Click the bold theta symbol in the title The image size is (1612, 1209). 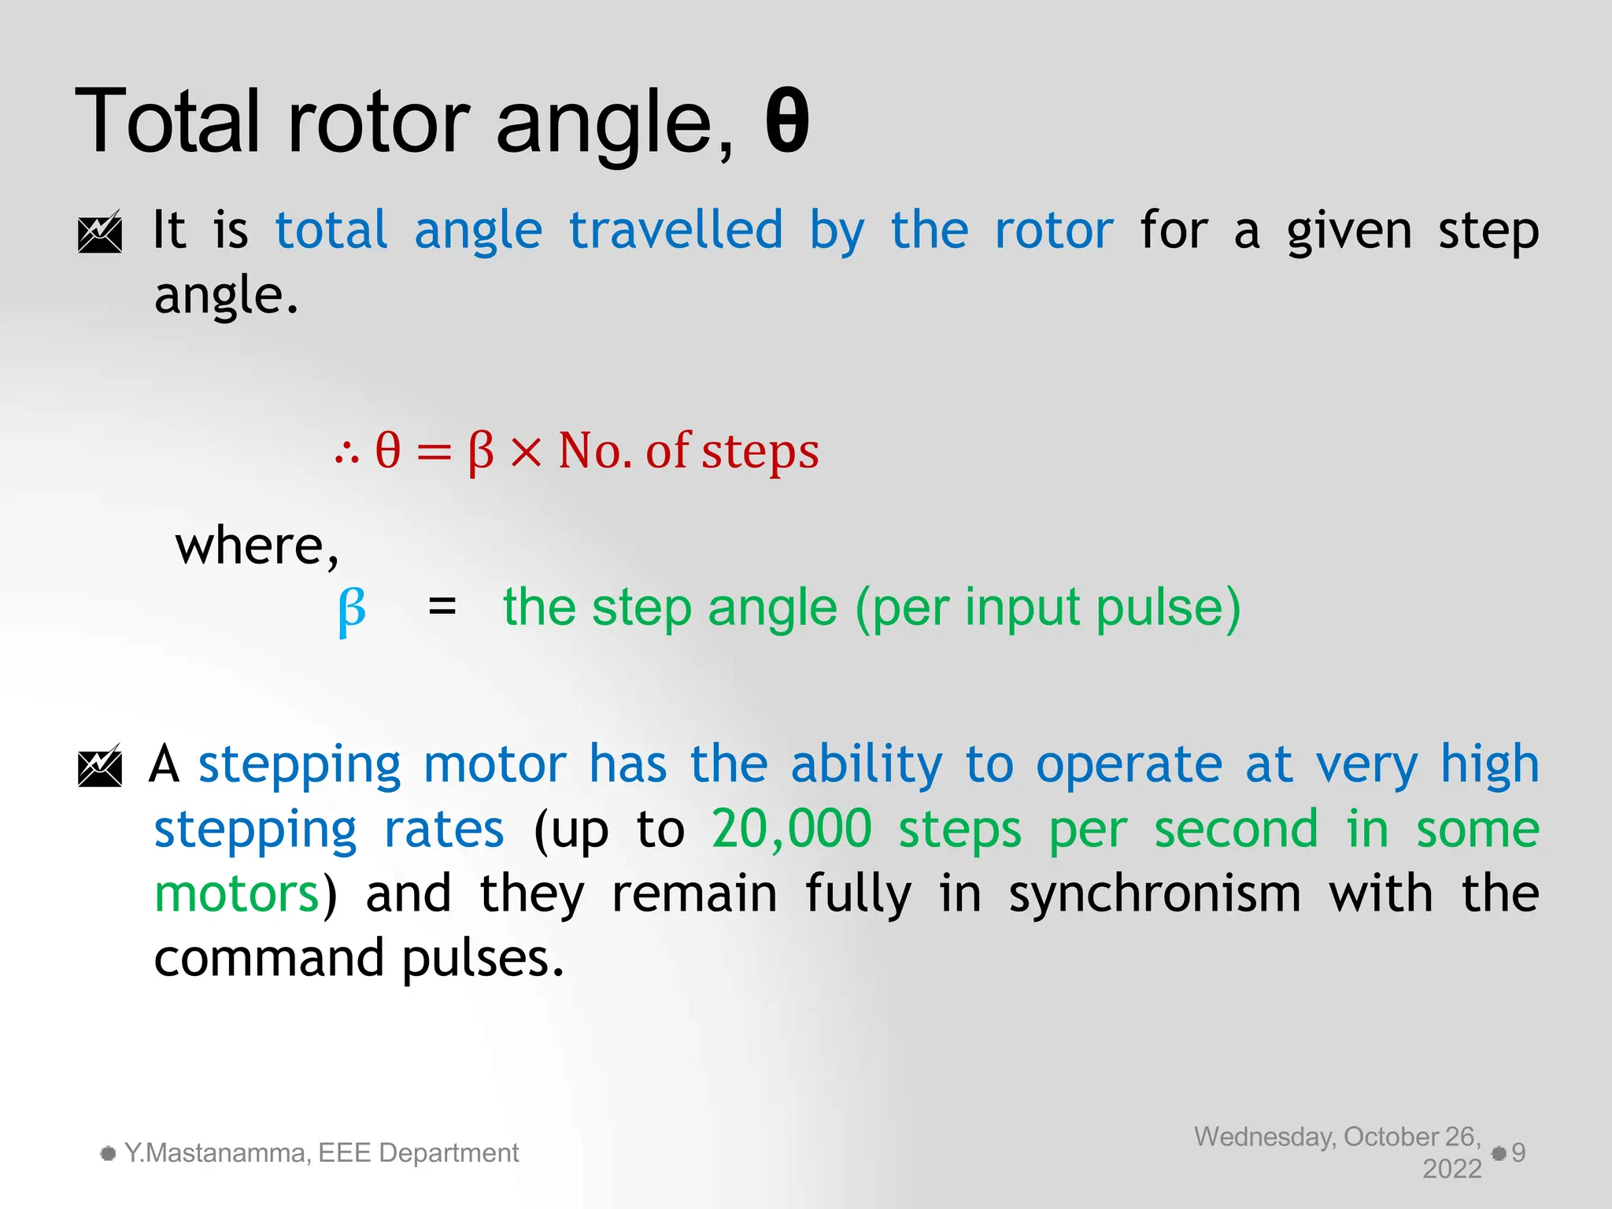pyautogui.click(x=787, y=122)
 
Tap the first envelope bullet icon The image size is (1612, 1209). pyautogui.click(x=100, y=231)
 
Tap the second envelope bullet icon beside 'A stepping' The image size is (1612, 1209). pyautogui.click(x=100, y=765)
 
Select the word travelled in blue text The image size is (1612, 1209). pyautogui.click(x=676, y=230)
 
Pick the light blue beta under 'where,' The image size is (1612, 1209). pyautogui.click(x=352, y=610)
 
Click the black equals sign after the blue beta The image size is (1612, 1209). pyautogui.click(x=442, y=607)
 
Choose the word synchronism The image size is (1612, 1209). pyautogui.click(x=1155, y=894)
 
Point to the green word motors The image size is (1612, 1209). pyautogui.click(x=236, y=894)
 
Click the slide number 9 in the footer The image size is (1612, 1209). pyautogui.click(x=1518, y=1153)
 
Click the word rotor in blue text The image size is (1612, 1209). pyautogui.click(x=1054, y=230)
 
